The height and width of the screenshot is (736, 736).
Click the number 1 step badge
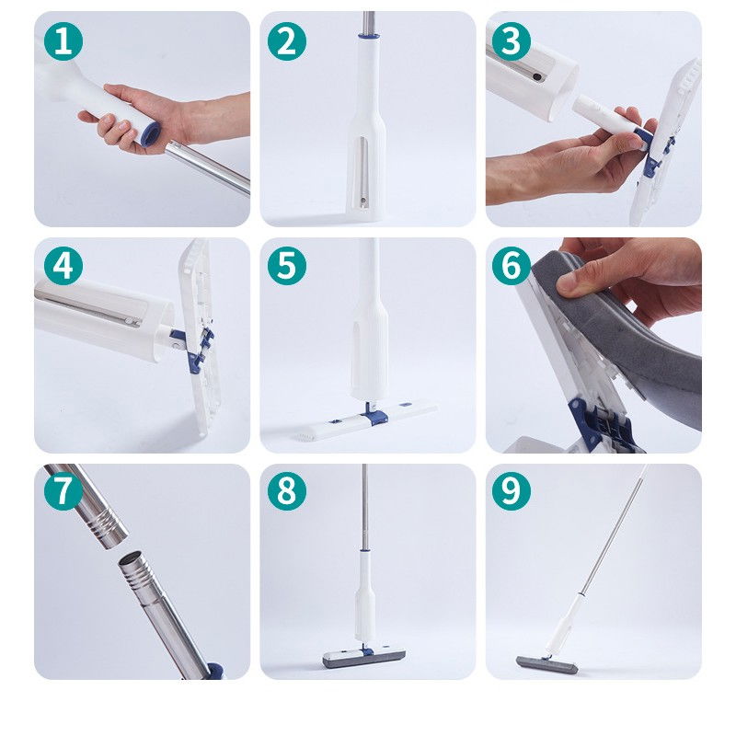coord(63,41)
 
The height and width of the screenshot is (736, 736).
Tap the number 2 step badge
coord(287,41)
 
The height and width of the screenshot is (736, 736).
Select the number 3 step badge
coord(512,41)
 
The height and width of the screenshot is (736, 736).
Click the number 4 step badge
coord(63,266)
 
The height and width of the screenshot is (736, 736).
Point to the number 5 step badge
coord(287,266)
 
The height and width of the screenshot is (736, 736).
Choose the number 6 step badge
coord(512,266)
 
